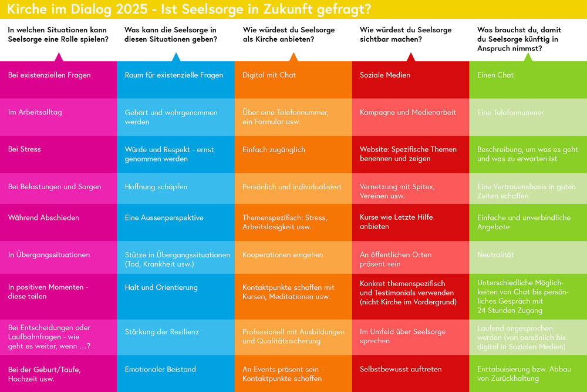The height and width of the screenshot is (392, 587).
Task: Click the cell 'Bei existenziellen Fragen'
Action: coord(58,79)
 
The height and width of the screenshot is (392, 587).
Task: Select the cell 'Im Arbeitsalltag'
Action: coord(58,117)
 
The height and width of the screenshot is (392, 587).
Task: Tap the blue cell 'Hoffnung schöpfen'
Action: coord(176,187)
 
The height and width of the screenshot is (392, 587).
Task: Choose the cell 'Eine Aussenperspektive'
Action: coord(176,222)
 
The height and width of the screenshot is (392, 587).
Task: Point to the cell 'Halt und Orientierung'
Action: coord(176,296)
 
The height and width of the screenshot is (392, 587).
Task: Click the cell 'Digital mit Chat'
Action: coord(293,79)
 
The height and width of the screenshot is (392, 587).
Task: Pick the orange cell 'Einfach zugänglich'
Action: coord(293,155)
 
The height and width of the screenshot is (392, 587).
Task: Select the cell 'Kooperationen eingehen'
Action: coord(293,257)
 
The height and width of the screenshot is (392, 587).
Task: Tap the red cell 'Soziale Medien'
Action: coord(410,79)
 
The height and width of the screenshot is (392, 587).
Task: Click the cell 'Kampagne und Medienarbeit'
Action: coord(410,117)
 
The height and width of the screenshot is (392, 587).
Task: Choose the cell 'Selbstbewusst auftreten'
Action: coord(410,373)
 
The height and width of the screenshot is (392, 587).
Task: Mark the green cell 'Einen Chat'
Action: coord(528,79)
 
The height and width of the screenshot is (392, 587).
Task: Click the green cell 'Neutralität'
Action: coord(528,257)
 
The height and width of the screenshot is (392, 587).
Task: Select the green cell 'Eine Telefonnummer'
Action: coord(528,117)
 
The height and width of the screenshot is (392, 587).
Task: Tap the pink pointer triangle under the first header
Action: coord(58,57)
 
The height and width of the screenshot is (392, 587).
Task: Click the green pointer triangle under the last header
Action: coord(528,57)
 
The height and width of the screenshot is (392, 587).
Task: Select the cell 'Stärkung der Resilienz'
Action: coord(176,337)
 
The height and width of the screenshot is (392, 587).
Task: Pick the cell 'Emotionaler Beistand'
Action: coord(176,373)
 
